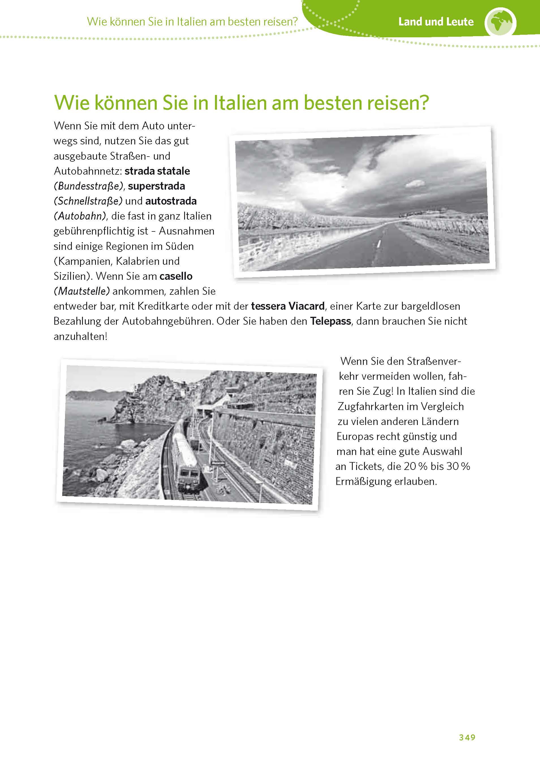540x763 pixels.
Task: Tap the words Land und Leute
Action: (436, 22)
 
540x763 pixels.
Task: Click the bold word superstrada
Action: (156, 186)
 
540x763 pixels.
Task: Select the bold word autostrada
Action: (171, 201)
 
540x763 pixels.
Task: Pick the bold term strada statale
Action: (157, 171)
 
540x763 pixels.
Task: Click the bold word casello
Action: (176, 276)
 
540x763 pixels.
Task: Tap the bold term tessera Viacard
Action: (288, 306)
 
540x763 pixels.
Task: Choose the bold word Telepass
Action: (330, 321)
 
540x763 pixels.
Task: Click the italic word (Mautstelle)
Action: (82, 291)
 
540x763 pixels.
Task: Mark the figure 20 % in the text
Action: (415, 467)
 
